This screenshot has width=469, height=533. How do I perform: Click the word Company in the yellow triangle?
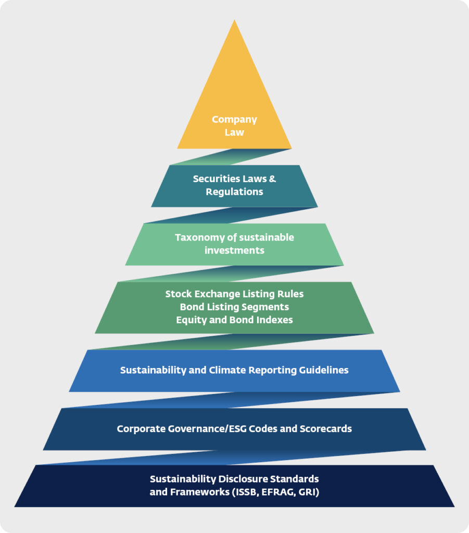tap(234, 120)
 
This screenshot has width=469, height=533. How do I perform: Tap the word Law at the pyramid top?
tap(234, 132)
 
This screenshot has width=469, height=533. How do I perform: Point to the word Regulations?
tap(234, 192)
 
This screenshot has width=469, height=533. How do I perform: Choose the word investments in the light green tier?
tap(234, 250)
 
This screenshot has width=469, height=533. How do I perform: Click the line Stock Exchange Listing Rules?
tap(234, 294)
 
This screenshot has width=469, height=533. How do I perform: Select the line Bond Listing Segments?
tap(234, 307)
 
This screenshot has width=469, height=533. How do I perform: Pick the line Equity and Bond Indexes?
tap(234, 320)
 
